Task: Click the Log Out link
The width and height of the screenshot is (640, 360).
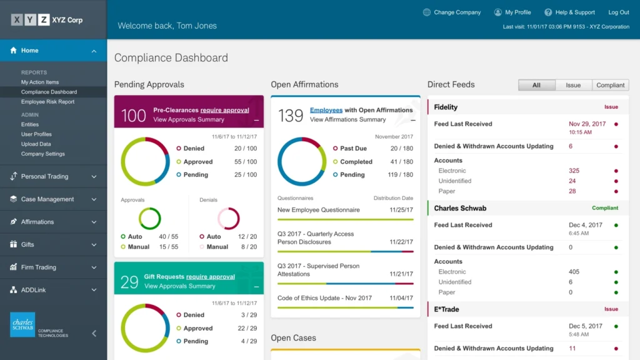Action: pos(618,12)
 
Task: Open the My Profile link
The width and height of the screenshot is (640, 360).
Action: pos(517,12)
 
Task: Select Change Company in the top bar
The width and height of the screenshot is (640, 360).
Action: pos(457,12)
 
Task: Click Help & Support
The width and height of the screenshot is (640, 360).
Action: pos(575,12)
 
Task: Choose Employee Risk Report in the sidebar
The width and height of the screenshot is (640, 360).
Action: pos(47,102)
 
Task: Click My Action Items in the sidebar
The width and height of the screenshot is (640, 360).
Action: pos(40,82)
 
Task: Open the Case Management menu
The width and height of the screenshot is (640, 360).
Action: pos(47,199)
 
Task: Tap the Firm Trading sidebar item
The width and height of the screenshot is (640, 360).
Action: pos(39,267)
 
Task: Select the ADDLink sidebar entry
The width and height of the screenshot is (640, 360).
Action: pos(33,290)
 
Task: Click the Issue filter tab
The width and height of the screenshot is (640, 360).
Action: pos(573,85)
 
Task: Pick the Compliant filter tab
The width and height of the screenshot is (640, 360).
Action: pos(610,85)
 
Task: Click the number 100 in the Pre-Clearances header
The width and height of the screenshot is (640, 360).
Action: pos(133,116)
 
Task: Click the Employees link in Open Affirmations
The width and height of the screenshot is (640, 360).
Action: pos(326,110)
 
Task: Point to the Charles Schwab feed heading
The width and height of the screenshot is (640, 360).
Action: pos(460,208)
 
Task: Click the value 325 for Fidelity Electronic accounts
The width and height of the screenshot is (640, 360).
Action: pos(574,171)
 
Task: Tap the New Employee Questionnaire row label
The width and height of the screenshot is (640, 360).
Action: pos(318,210)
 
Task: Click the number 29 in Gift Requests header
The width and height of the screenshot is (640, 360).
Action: pos(129,282)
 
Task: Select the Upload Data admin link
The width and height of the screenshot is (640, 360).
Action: pos(36,144)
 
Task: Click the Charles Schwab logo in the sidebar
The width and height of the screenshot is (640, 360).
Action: pos(22,325)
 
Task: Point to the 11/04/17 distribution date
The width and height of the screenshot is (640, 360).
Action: pos(401,298)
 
